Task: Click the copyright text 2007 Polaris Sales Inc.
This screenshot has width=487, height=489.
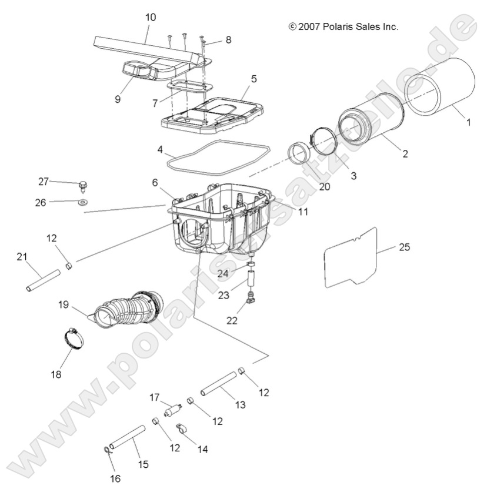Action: click(343, 26)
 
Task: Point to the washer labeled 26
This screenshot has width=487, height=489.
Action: click(81, 202)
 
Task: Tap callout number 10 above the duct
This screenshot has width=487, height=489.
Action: click(151, 18)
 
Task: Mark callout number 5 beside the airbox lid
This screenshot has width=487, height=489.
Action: click(253, 78)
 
